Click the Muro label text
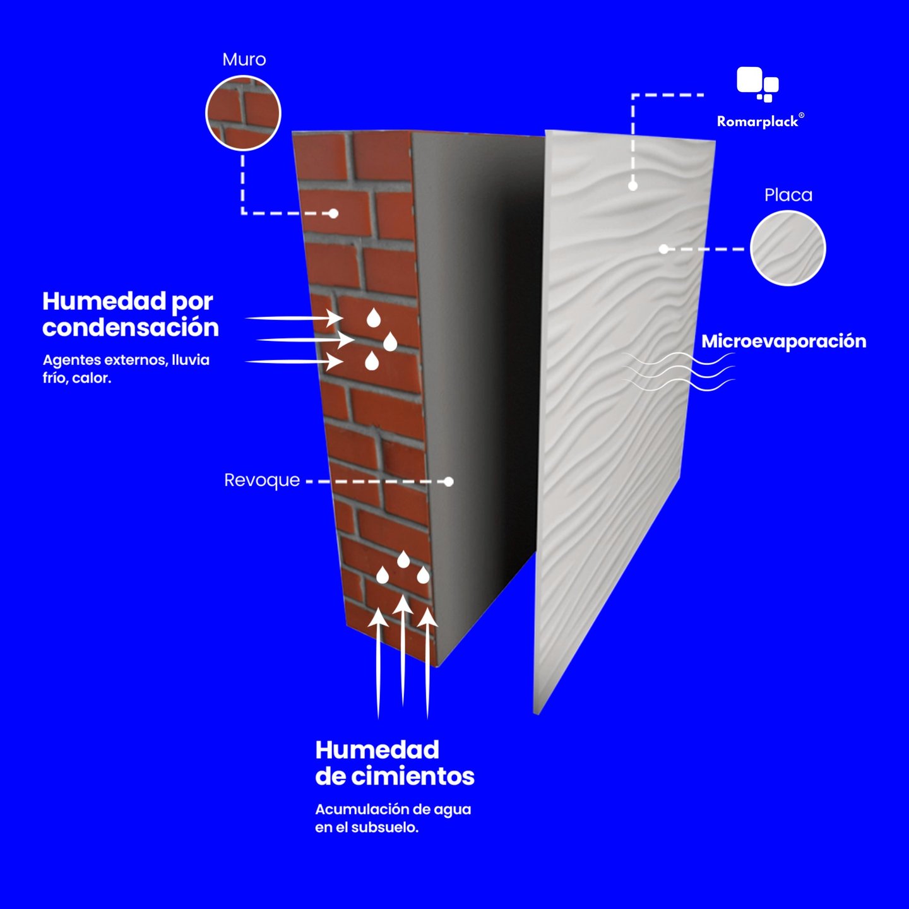click(x=244, y=59)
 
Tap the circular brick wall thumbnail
click(x=243, y=114)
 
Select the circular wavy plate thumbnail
click(x=788, y=248)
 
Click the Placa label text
click(x=788, y=195)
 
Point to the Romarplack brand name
click(x=757, y=121)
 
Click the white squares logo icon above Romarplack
click(x=757, y=84)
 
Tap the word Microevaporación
click(x=783, y=342)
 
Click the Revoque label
click(x=262, y=480)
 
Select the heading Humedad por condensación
click(x=130, y=314)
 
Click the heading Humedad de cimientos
click(x=395, y=763)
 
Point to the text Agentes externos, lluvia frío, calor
click(x=126, y=369)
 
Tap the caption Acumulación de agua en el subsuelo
click(x=393, y=818)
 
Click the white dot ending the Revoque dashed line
click(x=448, y=482)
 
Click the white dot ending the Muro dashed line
click(x=333, y=213)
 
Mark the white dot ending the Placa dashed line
click(x=663, y=249)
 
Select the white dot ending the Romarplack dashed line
click(x=633, y=186)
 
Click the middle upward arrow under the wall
click(x=403, y=650)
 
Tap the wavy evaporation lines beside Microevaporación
click(x=679, y=371)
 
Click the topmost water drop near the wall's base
click(x=403, y=559)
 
